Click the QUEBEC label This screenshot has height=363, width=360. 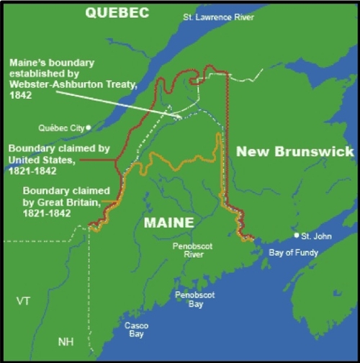[116, 12]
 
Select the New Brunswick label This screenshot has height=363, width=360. [295, 151]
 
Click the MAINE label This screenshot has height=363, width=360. [169, 223]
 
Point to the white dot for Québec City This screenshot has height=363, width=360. [88, 127]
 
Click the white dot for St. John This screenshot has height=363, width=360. [295, 236]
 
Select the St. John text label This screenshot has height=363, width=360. [315, 236]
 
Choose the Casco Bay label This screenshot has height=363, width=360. [137, 328]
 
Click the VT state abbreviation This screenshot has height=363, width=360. [24, 301]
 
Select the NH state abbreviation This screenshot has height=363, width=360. [66, 341]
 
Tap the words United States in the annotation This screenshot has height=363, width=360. [83, 160]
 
